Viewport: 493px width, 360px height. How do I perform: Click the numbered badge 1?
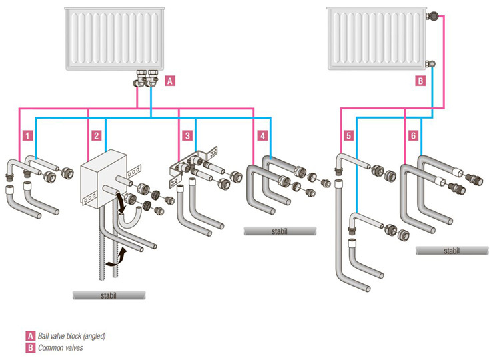[27, 135]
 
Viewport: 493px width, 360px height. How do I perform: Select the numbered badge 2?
[96, 135]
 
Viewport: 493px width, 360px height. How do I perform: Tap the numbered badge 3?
[187, 135]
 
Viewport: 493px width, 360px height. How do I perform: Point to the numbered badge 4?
[263, 135]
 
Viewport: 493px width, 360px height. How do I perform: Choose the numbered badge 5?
[348, 135]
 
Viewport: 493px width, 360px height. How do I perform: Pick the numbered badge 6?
[413, 135]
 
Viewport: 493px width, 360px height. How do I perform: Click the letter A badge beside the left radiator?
[170, 81]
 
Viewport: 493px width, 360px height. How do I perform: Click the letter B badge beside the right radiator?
[420, 81]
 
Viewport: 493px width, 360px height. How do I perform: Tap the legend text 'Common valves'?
[61, 347]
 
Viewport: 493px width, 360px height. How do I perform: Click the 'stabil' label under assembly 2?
[108, 294]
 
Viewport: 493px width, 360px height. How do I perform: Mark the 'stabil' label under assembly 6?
[451, 251]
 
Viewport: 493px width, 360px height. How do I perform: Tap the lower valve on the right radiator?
[431, 64]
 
